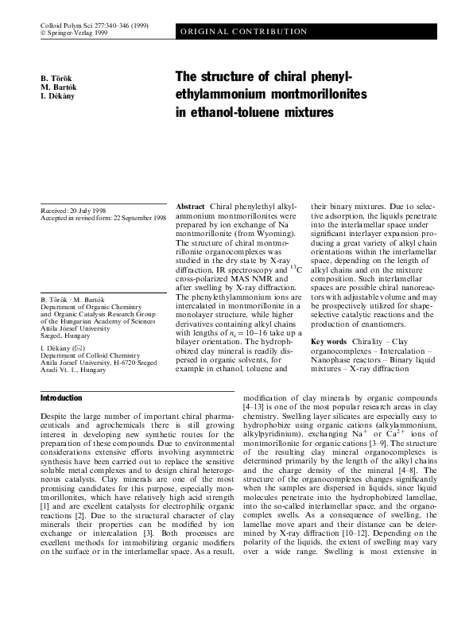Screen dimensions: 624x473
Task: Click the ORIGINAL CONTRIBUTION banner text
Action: coord(244,32)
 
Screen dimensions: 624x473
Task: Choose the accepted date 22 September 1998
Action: coord(137,217)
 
